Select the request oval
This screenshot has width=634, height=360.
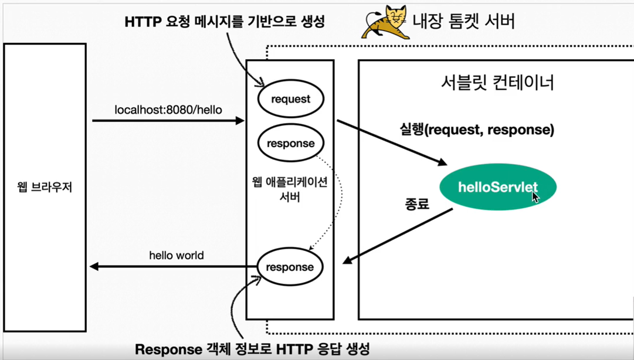pyautogui.click(x=290, y=99)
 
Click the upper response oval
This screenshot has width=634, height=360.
pyautogui.click(x=290, y=144)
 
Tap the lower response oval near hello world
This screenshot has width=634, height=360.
pyautogui.click(x=290, y=267)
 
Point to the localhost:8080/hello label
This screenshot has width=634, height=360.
pyautogui.click(x=168, y=110)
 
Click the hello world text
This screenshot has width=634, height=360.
pyautogui.click(x=177, y=256)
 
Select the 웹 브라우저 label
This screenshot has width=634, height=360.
pyautogui.click(x=45, y=188)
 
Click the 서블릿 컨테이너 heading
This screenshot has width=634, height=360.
pyautogui.click(x=497, y=82)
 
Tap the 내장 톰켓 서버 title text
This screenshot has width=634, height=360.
pyautogui.click(x=464, y=22)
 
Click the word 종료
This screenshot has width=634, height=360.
pyautogui.click(x=417, y=204)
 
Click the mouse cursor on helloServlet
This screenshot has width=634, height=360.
pyautogui.click(x=535, y=196)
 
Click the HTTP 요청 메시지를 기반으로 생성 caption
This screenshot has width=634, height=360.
pyautogui.click(x=225, y=22)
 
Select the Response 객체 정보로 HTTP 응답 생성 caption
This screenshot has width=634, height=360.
pyautogui.click(x=252, y=349)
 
